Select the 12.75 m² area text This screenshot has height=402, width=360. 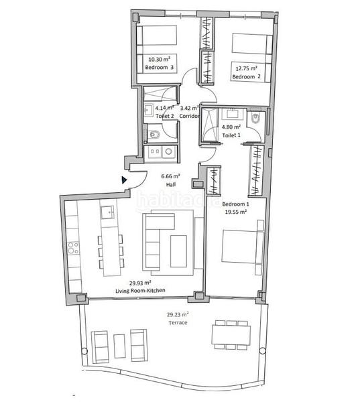point(245,68)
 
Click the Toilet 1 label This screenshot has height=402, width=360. point(232,136)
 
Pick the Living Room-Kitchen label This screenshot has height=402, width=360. point(141,290)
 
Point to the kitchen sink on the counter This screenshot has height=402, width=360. point(108,212)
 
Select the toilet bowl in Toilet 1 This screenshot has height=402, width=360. point(256,119)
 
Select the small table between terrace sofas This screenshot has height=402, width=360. point(120,344)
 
